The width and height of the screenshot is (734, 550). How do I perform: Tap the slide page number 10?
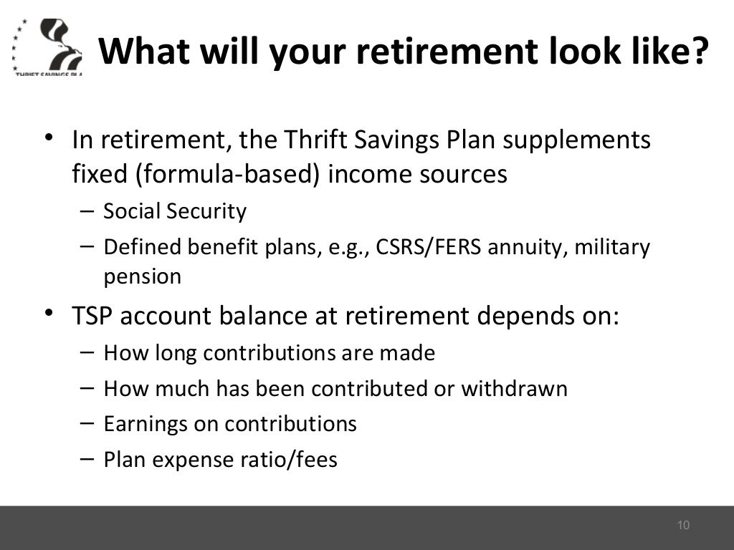682,526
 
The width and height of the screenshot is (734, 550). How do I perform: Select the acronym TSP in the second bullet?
92,316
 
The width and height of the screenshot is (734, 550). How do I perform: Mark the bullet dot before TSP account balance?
49,314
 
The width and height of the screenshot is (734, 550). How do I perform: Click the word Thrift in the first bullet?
311,140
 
